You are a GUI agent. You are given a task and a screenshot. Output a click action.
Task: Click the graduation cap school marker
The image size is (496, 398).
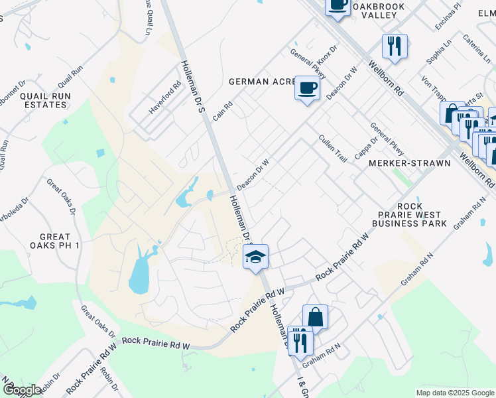[255, 257]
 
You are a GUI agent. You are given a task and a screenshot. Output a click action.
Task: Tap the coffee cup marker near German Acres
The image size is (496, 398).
[307, 88]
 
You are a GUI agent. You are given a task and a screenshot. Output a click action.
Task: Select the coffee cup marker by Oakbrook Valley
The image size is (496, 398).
[338, 6]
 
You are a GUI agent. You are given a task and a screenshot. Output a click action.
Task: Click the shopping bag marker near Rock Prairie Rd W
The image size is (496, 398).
[315, 318]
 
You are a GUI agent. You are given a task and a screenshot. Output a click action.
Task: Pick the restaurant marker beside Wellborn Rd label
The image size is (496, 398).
[395, 46]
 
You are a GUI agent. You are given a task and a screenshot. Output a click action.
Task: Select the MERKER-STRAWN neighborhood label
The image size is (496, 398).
[409, 163]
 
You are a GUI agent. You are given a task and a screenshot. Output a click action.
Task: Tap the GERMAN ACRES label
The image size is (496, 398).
[261, 82]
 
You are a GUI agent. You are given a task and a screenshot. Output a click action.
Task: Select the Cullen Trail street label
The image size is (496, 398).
[333, 149]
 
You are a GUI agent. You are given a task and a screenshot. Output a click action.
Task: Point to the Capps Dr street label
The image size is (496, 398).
[361, 148]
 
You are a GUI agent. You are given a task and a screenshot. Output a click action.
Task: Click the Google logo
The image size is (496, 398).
[21, 390]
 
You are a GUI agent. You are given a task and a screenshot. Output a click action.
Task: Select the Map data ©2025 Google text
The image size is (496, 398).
[454, 393]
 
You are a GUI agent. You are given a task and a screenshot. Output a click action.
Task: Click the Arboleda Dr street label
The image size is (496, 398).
[19, 211]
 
